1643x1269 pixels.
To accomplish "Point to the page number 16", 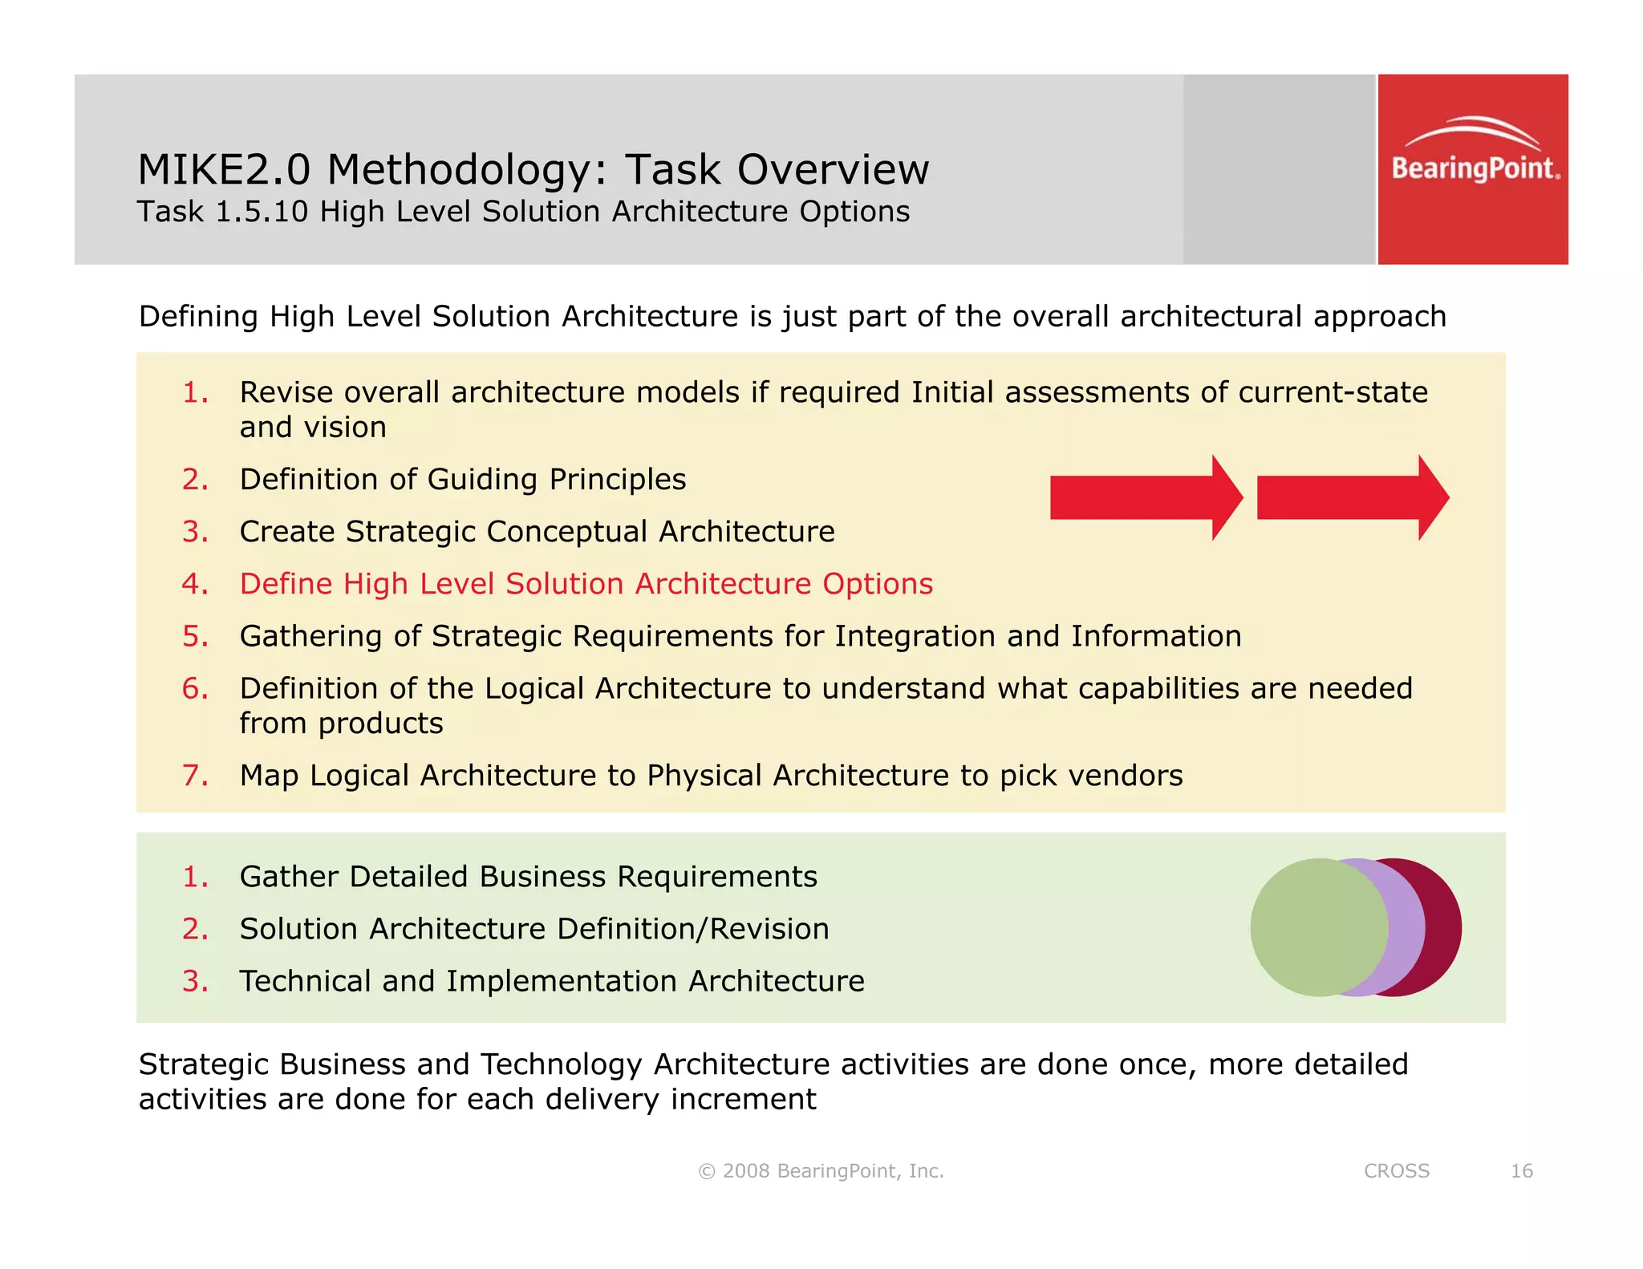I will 1521,1171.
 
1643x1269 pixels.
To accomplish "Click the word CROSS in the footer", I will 1397,1171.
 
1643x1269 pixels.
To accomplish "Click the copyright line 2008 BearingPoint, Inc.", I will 821,1171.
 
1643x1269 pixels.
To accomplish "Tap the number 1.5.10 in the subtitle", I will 262,212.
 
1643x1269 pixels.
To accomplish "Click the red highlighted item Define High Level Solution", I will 586,584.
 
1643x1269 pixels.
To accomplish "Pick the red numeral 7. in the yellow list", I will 195,776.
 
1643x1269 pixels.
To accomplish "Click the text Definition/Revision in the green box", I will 692,929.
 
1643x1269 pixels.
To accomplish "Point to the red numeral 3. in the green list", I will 195,981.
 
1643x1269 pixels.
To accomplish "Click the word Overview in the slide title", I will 833,170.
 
